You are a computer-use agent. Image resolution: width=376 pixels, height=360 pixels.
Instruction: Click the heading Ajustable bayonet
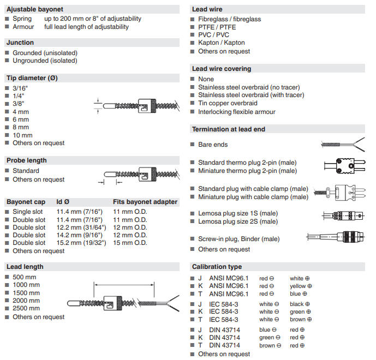35,9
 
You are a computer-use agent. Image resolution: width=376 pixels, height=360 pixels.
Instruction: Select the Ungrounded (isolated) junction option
45,61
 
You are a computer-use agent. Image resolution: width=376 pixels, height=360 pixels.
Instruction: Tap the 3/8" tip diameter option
19,103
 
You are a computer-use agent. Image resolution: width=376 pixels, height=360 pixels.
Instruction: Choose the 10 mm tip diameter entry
22,135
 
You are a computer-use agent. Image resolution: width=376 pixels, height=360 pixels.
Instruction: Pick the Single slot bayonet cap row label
29,211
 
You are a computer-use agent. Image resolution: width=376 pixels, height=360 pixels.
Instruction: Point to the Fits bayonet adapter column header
145,202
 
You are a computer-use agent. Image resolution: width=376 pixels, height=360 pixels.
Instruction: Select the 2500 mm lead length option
26,309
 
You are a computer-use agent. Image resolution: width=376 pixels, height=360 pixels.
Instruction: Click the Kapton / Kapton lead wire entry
221,43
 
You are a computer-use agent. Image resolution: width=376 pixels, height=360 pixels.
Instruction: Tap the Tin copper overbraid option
228,103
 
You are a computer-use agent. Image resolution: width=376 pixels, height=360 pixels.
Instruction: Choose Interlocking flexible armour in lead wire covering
236,112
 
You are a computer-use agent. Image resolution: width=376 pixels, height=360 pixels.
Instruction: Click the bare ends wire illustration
342,145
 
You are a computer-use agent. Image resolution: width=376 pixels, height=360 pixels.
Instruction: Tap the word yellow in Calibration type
298,286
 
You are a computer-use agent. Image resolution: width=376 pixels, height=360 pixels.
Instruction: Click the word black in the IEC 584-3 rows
297,304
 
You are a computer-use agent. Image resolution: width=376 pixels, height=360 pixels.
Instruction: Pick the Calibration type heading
217,267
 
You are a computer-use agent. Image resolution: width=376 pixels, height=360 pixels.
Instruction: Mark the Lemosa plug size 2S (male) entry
237,221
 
